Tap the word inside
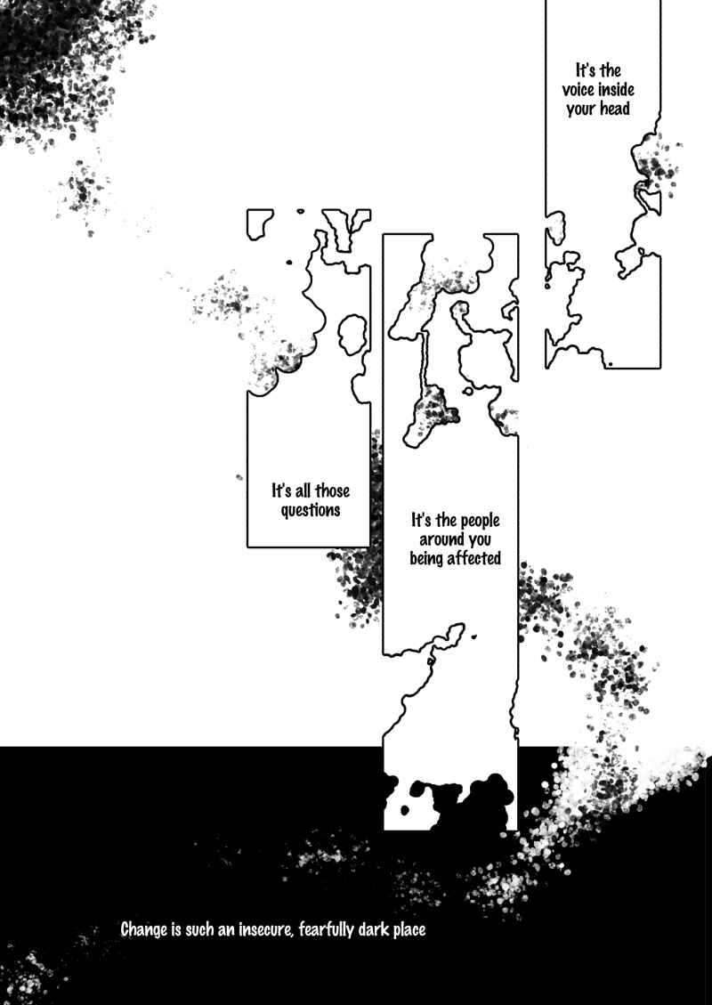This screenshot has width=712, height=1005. click(x=616, y=90)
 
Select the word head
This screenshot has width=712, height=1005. click(x=615, y=109)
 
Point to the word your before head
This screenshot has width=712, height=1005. click(x=580, y=109)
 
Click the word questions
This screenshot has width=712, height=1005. click(x=311, y=511)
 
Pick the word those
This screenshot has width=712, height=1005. click(x=332, y=491)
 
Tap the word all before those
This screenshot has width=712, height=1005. click(x=303, y=491)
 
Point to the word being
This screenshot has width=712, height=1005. click(x=426, y=559)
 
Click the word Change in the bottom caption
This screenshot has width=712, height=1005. click(x=143, y=929)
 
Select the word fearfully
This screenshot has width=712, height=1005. click(x=328, y=930)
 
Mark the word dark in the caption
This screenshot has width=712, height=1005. click(x=375, y=929)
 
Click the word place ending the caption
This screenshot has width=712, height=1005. click(x=409, y=930)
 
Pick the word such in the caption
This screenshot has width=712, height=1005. click(x=200, y=929)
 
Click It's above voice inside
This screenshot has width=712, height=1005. click(x=589, y=69)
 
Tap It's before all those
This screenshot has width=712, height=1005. click(x=281, y=491)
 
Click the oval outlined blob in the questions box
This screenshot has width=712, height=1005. click(x=352, y=334)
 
